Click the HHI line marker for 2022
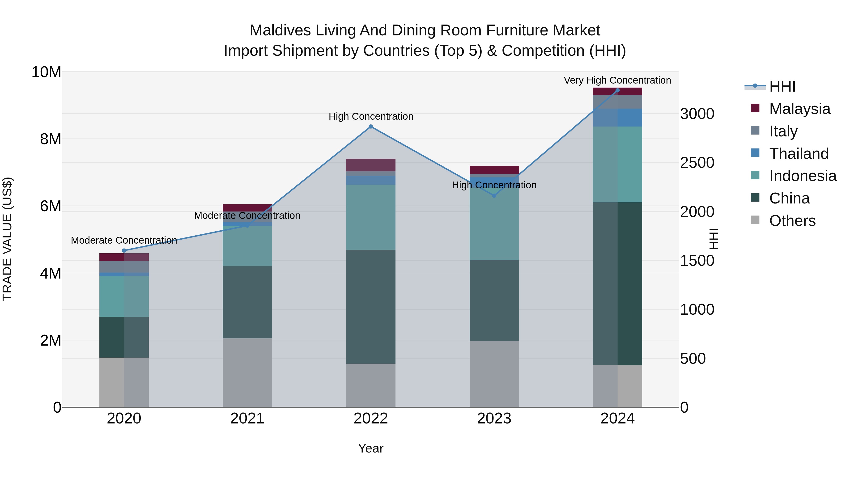click(370, 127)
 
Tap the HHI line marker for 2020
click(124, 251)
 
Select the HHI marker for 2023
click(494, 196)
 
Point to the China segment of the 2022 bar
click(370, 307)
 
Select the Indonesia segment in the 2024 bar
click(617, 164)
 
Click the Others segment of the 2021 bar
click(247, 373)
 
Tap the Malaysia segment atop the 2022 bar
click(370, 165)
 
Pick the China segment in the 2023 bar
click(494, 300)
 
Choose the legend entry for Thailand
click(799, 154)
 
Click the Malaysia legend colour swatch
click(755, 108)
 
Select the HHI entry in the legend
click(782, 86)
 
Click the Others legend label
click(792, 221)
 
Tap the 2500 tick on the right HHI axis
click(697, 163)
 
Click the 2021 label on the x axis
click(247, 419)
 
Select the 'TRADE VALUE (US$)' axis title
click(7, 239)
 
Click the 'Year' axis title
click(370, 448)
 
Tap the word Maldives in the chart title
click(280, 31)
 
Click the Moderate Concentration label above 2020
click(124, 240)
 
